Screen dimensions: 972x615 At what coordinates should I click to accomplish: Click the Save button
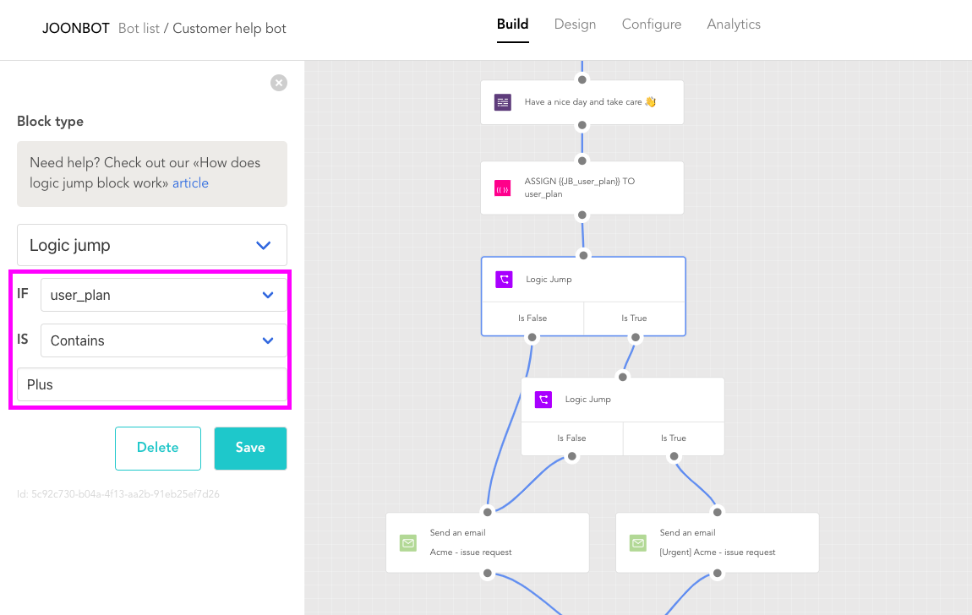point(250,448)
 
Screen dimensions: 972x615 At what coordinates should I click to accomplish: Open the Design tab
point(575,24)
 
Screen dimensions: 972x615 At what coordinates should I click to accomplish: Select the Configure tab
point(652,24)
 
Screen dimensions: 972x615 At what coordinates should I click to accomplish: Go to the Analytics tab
point(734,24)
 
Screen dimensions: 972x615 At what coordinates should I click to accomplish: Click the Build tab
point(513,24)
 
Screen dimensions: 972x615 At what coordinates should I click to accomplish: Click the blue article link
point(190,183)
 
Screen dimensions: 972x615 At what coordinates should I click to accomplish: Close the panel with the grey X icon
point(279,83)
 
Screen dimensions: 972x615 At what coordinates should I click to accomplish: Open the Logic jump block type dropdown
point(152,245)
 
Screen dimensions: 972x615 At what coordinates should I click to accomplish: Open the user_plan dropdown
point(164,295)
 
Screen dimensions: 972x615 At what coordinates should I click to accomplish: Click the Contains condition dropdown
point(164,340)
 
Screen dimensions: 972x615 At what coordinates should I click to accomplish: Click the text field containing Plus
point(152,384)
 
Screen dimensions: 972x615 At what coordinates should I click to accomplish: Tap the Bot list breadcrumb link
point(139,29)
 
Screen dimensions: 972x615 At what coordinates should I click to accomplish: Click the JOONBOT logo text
point(75,29)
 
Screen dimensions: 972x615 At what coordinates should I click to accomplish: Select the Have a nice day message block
point(582,102)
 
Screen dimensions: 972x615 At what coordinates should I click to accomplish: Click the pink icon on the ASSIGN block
point(503,188)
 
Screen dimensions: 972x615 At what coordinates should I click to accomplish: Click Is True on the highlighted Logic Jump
point(634,318)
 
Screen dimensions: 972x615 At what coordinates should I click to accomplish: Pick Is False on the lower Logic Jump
point(571,438)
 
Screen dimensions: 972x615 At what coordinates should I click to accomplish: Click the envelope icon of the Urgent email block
point(638,543)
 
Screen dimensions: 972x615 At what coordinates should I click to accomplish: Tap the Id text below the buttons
point(117,494)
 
